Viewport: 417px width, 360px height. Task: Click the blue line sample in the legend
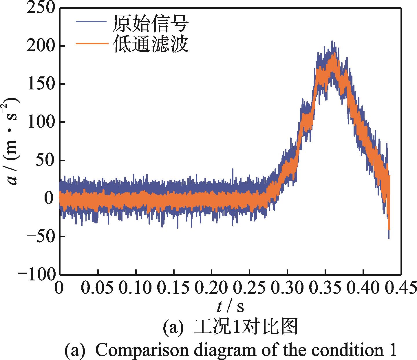[91, 22]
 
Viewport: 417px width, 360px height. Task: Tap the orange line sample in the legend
[91, 43]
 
